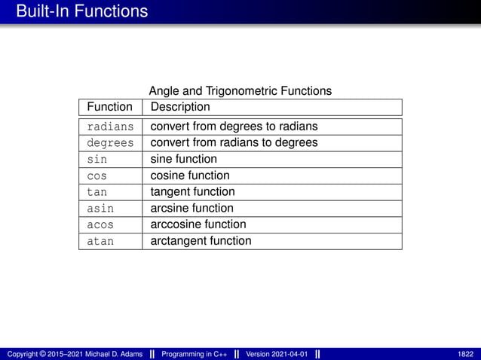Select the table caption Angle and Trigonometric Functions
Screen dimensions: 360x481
click(x=240, y=91)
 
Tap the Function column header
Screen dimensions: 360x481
click(x=110, y=107)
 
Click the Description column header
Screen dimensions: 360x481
click(x=180, y=107)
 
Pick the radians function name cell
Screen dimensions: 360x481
click(x=110, y=127)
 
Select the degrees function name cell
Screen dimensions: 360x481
click(x=110, y=143)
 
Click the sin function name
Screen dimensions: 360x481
click(x=97, y=160)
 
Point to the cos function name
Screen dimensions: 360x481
click(x=97, y=176)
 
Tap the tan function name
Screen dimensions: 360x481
click(x=97, y=192)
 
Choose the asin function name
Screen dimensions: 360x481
click(x=100, y=209)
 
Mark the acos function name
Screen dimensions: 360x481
click(x=100, y=225)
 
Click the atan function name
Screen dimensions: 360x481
click(x=100, y=242)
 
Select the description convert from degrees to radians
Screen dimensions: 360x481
click(x=234, y=126)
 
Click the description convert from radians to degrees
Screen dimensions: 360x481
click(x=234, y=142)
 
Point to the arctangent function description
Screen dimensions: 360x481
click(x=201, y=241)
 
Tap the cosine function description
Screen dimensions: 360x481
click(x=190, y=175)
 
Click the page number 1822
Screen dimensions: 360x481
click(x=465, y=354)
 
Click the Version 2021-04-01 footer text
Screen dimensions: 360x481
click(x=277, y=354)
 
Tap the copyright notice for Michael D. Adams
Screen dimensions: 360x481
click(x=75, y=354)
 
